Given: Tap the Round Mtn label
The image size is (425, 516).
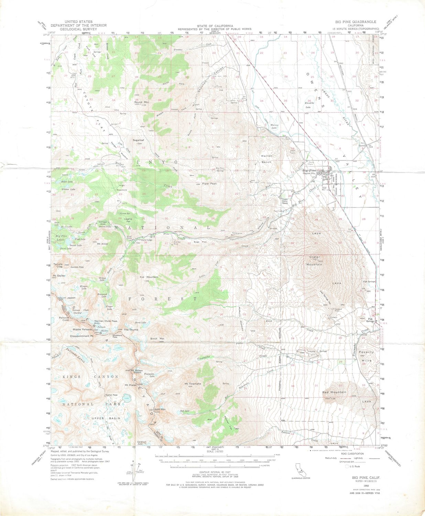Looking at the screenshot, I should (x=141, y=102).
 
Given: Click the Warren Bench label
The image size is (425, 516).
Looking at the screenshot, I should (x=266, y=159).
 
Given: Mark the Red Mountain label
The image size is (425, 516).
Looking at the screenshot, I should (x=334, y=392).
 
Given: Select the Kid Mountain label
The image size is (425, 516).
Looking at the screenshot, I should (x=149, y=277).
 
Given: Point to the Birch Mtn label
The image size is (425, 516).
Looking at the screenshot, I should (x=157, y=339).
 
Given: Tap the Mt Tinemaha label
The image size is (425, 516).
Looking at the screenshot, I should (x=193, y=384).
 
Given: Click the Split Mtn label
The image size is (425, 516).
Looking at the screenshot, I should (x=160, y=409).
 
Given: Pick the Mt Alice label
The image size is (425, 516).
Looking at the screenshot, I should (x=102, y=244).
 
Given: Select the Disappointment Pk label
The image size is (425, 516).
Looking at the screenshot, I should (x=82, y=336).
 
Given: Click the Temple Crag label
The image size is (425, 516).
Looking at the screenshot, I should (x=58, y=266).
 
